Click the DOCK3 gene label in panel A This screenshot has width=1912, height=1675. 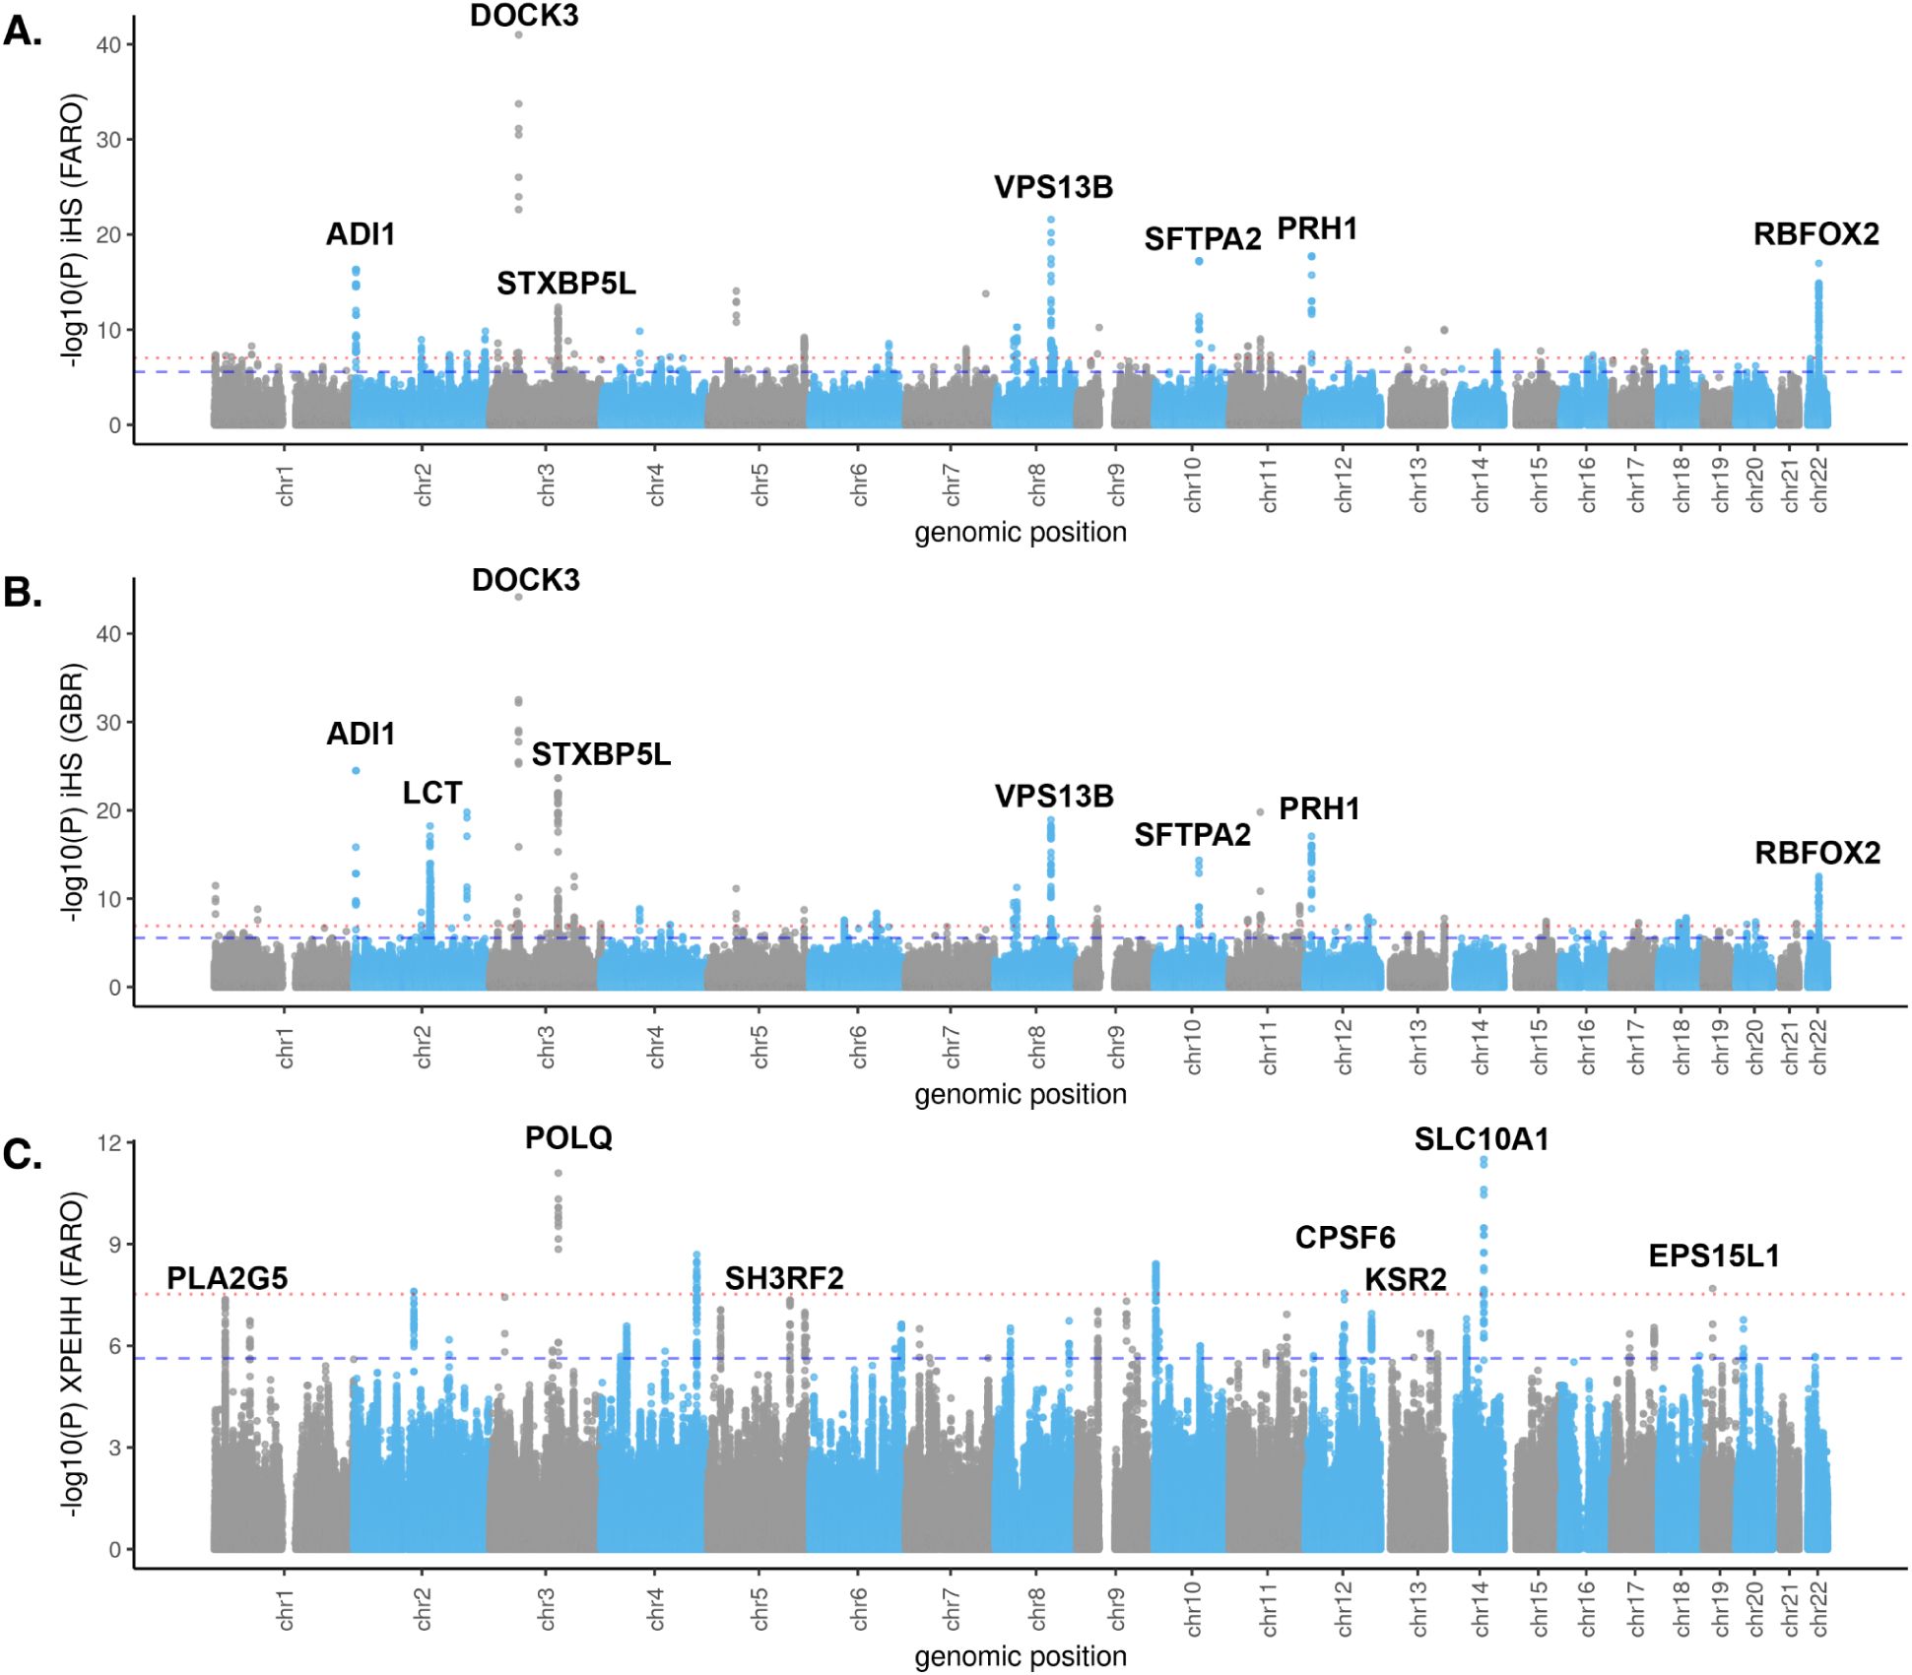[x=523, y=16]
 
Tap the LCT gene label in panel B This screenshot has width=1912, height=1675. [x=431, y=793]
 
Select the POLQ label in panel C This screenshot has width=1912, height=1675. [x=568, y=1138]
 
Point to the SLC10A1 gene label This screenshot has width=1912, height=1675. [x=1482, y=1139]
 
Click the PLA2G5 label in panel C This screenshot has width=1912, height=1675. [x=227, y=1278]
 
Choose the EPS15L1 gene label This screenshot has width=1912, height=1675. [x=1714, y=1256]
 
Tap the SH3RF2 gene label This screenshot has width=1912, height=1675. [x=784, y=1278]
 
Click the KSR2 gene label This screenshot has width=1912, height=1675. [x=1406, y=1279]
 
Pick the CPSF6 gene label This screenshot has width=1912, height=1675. [x=1345, y=1238]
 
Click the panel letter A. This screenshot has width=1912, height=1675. [x=23, y=32]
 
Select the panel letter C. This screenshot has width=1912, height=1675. [x=23, y=1155]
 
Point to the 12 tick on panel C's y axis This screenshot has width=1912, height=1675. [x=109, y=1143]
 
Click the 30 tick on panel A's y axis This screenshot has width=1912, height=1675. [x=109, y=140]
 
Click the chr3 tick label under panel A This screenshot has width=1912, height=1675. [x=547, y=484]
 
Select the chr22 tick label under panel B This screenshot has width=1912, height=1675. [x=1818, y=1047]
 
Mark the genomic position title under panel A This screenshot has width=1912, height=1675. [x=1020, y=533]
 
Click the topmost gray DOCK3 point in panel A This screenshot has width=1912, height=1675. [x=518, y=35]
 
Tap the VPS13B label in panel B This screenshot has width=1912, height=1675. [x=1054, y=796]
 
